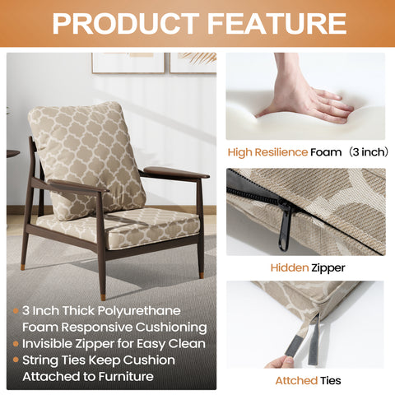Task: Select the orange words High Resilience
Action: pos(267,151)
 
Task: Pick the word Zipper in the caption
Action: pos(326,267)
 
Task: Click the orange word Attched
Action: pos(295,380)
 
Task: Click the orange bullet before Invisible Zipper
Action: pos(16,344)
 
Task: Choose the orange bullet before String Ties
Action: pos(16,360)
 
